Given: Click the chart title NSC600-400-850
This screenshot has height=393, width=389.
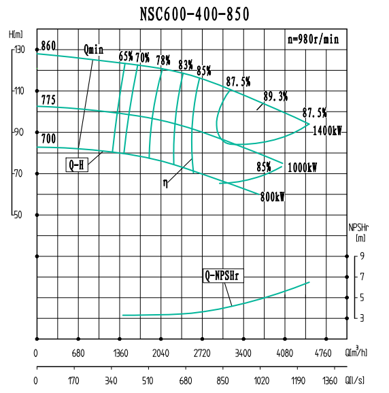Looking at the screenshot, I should click(x=194, y=14).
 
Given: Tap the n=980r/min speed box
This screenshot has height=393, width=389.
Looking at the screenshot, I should click(x=312, y=39).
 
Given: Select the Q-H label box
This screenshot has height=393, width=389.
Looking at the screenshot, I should click(x=77, y=165).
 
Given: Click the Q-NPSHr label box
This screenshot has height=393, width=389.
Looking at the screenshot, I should click(x=224, y=276).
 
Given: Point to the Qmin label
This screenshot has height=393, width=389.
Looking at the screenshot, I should click(x=94, y=49).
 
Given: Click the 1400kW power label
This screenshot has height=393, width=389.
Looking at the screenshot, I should click(x=328, y=131).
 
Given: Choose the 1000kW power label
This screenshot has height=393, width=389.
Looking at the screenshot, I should click(x=302, y=167).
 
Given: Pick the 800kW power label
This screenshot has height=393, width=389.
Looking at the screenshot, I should click(x=272, y=196).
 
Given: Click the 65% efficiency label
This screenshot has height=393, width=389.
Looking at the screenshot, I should click(x=126, y=56).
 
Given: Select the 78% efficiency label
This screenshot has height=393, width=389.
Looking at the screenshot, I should click(x=163, y=60).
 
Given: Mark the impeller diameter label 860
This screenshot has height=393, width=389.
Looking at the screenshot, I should click(x=48, y=46).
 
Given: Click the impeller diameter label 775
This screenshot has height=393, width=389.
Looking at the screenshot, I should click(x=48, y=100).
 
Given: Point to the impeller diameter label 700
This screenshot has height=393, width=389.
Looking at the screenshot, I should click(x=48, y=139).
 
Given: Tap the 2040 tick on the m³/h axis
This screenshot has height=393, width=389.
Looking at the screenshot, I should click(x=160, y=352).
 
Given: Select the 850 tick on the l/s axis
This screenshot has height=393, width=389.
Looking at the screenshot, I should click(x=222, y=381).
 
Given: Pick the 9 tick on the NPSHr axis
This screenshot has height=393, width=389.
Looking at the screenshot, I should click(x=362, y=256).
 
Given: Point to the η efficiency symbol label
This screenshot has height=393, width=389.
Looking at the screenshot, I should click(x=165, y=182).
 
